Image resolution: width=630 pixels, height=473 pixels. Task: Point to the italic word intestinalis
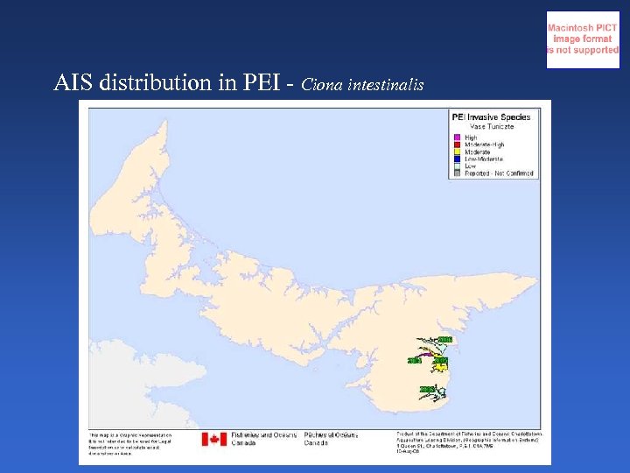(386, 85)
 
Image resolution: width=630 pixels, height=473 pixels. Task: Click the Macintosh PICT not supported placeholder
(583, 39)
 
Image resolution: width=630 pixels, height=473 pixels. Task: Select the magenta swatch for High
(457, 138)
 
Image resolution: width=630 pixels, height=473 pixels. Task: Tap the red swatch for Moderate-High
(457, 145)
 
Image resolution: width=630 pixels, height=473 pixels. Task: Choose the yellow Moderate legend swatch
(457, 152)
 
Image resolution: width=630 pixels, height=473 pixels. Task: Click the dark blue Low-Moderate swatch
(457, 159)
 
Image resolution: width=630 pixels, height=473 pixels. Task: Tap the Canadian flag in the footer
(214, 439)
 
